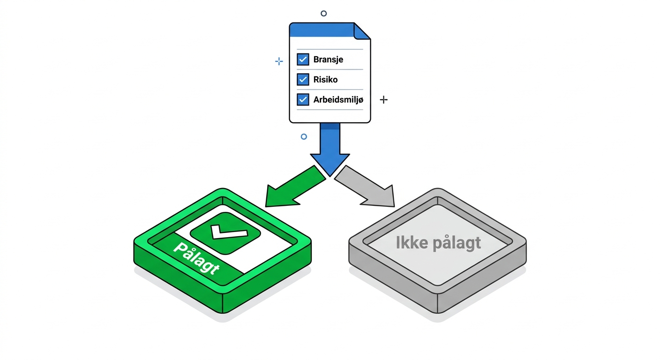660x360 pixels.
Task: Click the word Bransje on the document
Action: coord(328,60)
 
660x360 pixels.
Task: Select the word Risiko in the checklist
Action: coord(326,80)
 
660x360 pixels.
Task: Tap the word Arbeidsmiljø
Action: coord(338,100)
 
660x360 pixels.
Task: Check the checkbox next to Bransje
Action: coord(303,59)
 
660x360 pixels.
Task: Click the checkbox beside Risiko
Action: coord(303,79)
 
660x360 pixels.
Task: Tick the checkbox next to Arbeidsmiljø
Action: coord(303,99)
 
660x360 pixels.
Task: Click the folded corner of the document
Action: coord(361,31)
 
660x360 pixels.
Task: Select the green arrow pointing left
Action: coord(295,187)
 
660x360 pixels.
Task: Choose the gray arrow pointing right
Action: coord(365,187)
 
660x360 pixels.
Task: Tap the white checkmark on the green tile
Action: coord(229,232)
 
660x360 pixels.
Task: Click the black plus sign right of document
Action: coord(383,100)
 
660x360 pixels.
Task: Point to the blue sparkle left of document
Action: coord(279,61)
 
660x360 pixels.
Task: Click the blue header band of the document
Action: coord(322,30)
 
